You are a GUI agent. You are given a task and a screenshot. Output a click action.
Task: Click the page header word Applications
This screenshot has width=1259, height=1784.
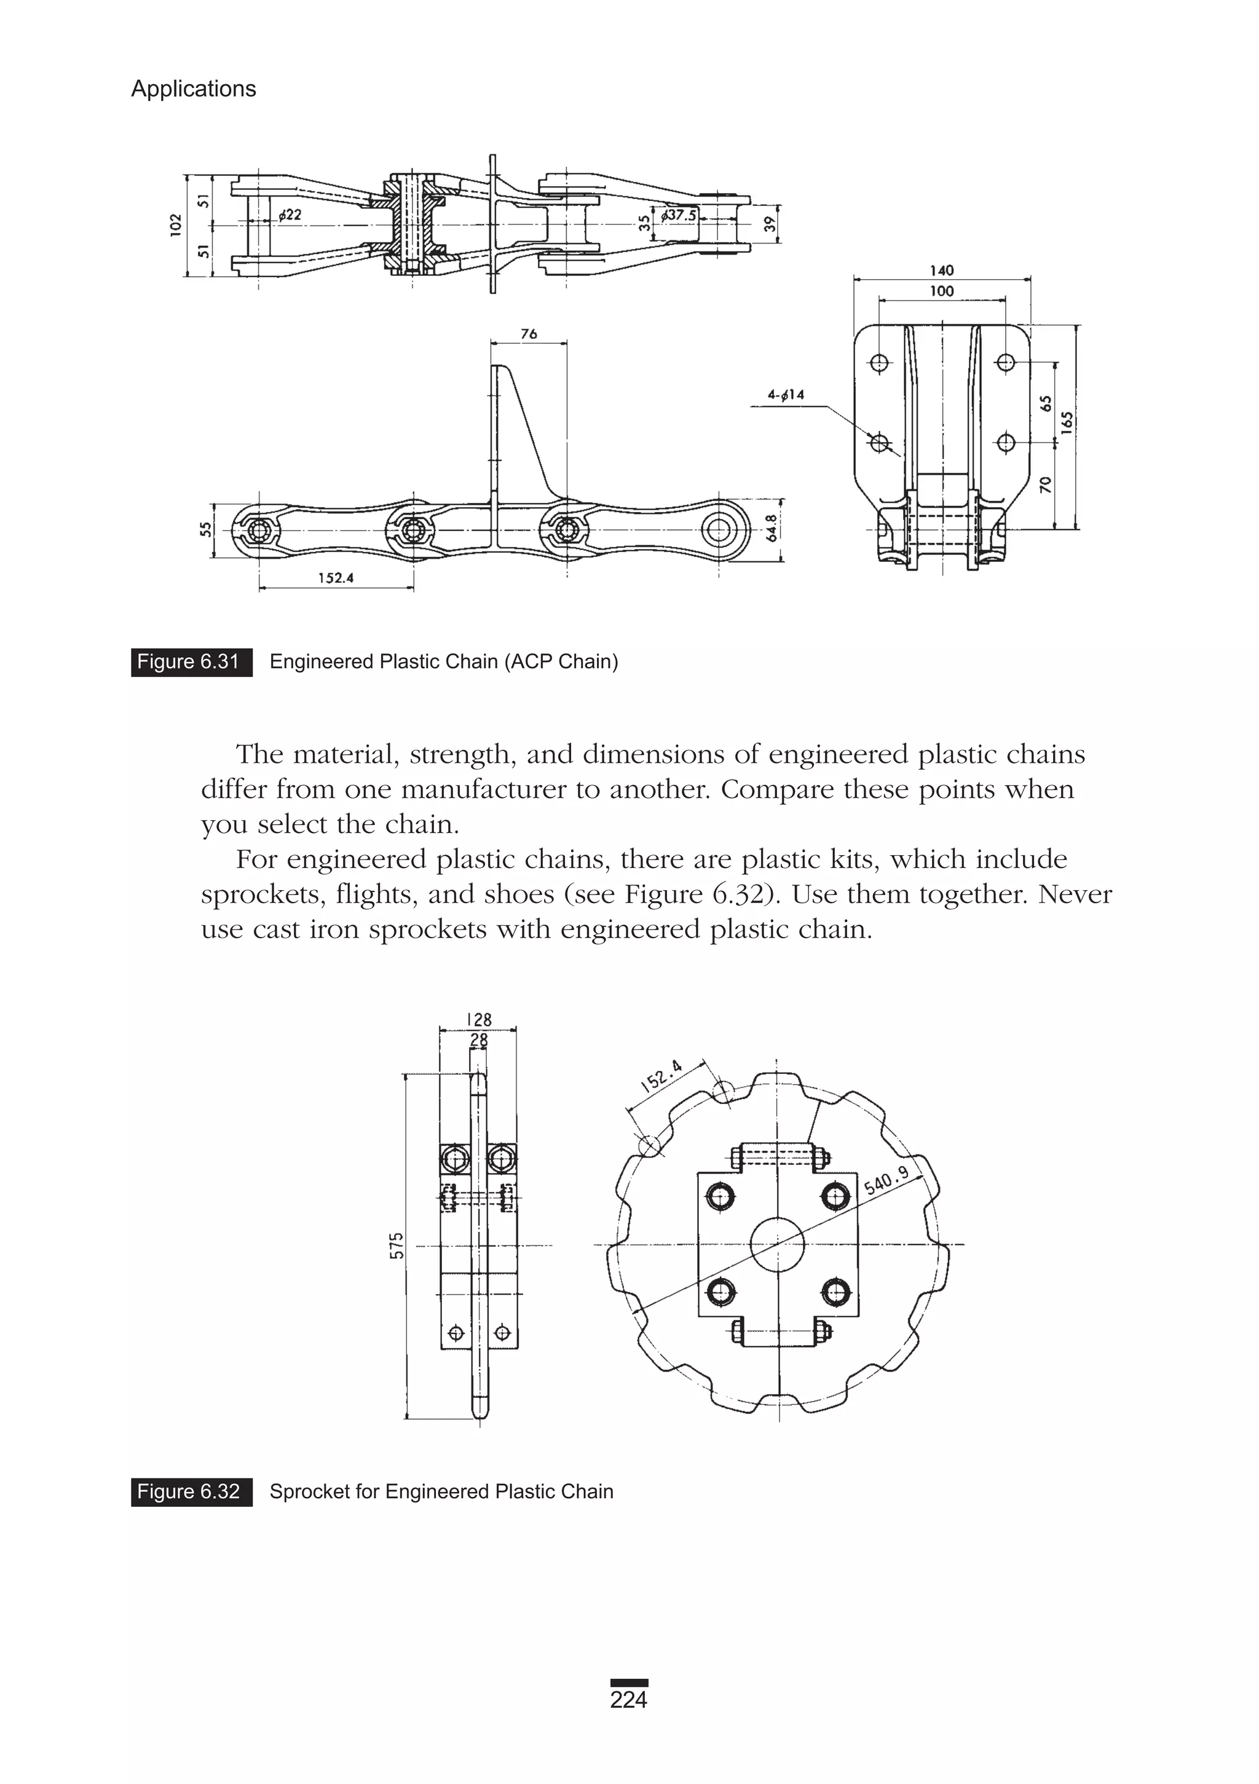tap(193, 89)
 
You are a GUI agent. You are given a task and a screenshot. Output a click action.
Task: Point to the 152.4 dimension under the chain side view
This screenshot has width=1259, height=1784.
tap(336, 577)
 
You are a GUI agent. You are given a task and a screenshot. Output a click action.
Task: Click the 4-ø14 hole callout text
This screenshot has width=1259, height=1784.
tap(786, 395)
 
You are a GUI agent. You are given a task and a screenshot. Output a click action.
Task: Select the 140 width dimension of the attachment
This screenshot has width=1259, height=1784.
tap(941, 270)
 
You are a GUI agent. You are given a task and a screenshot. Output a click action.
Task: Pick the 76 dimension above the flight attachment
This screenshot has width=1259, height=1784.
tap(529, 334)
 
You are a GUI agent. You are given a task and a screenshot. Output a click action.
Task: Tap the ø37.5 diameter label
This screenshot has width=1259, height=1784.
tap(679, 215)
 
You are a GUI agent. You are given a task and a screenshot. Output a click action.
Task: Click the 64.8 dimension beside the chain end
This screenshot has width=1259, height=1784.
tap(771, 528)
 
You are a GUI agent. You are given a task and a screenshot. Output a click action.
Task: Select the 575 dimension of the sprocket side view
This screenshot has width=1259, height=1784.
tap(397, 1245)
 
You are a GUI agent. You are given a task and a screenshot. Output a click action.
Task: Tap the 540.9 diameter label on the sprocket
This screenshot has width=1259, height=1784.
tap(886, 1182)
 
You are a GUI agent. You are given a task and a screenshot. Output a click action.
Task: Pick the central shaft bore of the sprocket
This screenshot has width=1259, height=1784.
tap(777, 1244)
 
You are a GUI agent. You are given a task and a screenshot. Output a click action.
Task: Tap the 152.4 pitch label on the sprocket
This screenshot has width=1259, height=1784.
tap(661, 1076)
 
